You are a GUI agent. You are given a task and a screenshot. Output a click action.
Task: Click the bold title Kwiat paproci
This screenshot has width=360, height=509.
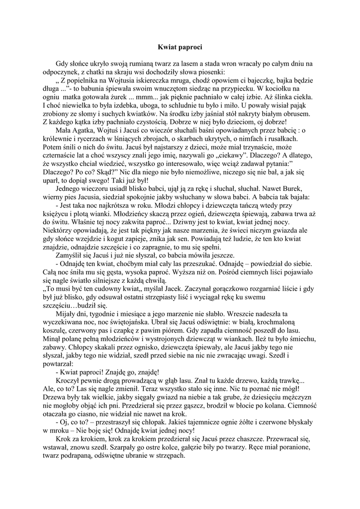point(180,47)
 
